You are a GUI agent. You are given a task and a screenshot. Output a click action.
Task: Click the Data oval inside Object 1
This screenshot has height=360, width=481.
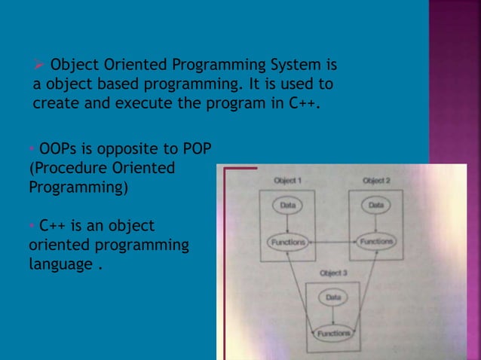287,204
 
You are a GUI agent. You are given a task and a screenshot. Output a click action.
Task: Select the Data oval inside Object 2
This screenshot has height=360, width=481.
375,204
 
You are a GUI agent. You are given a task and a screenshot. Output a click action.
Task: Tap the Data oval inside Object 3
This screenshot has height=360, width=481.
332,297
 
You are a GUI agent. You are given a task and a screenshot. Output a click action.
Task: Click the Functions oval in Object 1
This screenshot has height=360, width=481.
287,242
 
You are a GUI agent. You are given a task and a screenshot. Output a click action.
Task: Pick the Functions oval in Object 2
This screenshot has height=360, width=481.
375,242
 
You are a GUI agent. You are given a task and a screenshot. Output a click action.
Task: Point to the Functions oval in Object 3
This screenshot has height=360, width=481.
332,333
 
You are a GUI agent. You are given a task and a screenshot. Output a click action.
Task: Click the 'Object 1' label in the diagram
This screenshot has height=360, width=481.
287,181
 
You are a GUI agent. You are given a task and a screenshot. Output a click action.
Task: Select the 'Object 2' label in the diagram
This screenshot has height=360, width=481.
376,181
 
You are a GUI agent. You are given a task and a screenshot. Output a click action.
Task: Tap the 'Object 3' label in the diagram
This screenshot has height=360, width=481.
332,273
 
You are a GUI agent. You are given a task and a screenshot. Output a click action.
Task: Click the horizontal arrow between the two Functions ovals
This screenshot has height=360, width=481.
331,242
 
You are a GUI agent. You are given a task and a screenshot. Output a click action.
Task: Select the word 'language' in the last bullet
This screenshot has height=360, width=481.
60,265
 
